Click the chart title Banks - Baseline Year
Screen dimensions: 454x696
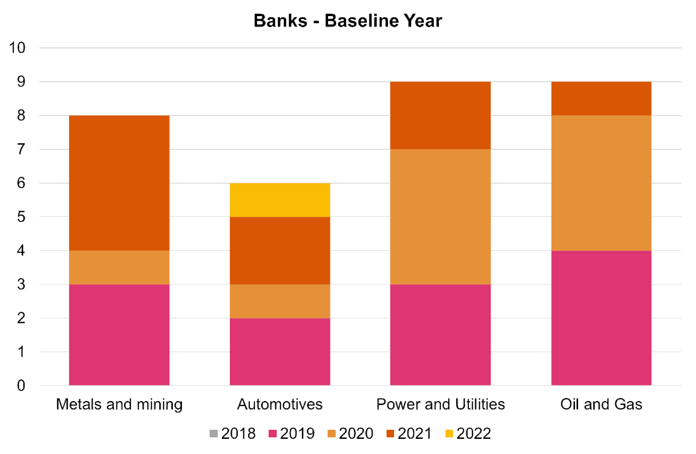[348, 21]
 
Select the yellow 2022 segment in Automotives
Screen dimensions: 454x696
[280, 200]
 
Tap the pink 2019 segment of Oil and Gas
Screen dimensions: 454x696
[601, 318]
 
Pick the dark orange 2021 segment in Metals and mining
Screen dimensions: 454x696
[119, 183]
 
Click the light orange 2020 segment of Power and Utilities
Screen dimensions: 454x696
[440, 216]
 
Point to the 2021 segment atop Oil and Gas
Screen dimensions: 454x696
[601, 98]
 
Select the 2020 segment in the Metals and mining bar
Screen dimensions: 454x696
[119, 267]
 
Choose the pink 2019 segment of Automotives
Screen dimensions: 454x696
[280, 352]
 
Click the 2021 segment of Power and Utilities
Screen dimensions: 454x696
[440, 115]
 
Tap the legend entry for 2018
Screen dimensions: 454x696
[232, 433]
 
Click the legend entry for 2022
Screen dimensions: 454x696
[468, 433]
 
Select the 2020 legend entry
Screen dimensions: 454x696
[350, 433]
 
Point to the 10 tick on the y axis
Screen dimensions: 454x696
[17, 48]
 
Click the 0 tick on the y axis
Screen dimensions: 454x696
[21, 386]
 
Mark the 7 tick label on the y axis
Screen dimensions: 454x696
[21, 149]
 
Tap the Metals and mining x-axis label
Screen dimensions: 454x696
[119, 404]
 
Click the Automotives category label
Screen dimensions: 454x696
[280, 404]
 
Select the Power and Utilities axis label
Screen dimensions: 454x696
[440, 404]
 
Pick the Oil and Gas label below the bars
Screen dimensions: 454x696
[601, 404]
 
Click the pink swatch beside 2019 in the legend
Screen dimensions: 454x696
[273, 433]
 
